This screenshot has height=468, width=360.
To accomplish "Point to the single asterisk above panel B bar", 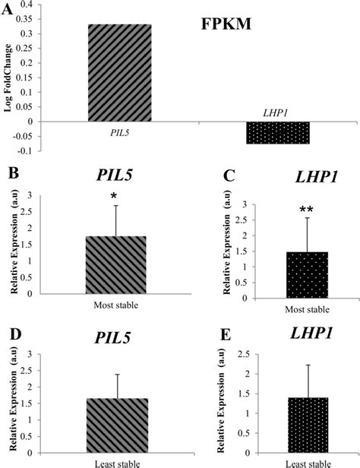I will pyautogui.click(x=113, y=198).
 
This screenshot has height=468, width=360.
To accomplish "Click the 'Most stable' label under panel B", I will pyautogui.click(x=114, y=303).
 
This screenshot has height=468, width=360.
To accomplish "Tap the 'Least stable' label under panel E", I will pyautogui.click(x=286, y=463).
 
